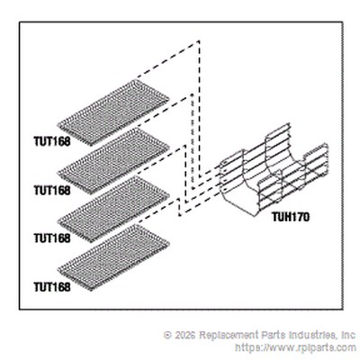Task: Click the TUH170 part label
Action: point(291,217)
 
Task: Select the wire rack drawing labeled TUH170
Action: point(273,169)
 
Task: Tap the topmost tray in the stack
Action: point(113,112)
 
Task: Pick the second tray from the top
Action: point(113,161)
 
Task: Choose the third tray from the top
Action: point(113,209)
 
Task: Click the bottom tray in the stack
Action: point(113,257)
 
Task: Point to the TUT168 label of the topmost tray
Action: point(52,141)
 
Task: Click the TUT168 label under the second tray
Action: point(52,190)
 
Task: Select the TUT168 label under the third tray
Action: point(52,238)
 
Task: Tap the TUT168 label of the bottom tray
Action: point(52,287)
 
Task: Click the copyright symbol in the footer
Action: point(168,335)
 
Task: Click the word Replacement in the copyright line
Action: point(229,336)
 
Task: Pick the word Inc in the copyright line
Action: point(348,335)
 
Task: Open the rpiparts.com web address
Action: point(295,348)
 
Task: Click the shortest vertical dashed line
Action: point(179,207)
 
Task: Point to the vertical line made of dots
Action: point(192,141)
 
